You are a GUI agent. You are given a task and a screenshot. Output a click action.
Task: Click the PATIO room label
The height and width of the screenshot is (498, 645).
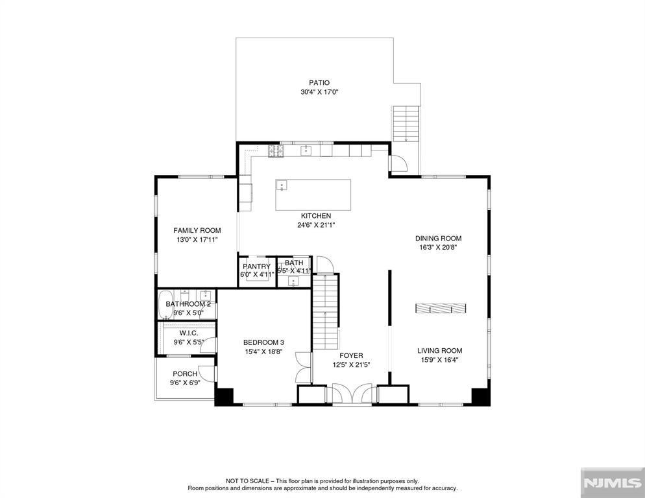pyautogui.click(x=319, y=83)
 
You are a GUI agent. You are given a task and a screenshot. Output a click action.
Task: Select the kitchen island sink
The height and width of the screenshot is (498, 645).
pyautogui.click(x=282, y=185)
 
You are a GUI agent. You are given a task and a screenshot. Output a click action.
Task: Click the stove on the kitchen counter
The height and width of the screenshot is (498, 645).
pyautogui.click(x=276, y=151)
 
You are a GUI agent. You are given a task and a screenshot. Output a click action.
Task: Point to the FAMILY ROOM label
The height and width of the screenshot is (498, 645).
pyautogui.click(x=197, y=231)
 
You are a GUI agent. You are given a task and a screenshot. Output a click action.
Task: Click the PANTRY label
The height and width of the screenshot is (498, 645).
pyautogui.click(x=256, y=267)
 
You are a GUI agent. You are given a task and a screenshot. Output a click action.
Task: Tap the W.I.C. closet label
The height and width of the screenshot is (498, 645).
pyautogui.click(x=189, y=333)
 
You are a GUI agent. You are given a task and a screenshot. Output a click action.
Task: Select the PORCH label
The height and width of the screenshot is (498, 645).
pyautogui.click(x=185, y=373)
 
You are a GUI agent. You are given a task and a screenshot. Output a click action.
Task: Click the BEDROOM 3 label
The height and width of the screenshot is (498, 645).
pyautogui.click(x=263, y=342)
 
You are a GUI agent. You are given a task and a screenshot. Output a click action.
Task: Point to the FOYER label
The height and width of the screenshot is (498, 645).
pyautogui.click(x=351, y=355)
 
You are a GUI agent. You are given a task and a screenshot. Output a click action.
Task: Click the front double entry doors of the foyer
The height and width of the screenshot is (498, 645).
pyautogui.click(x=352, y=394)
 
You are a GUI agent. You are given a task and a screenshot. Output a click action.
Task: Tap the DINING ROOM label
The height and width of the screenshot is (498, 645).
pyautogui.click(x=438, y=238)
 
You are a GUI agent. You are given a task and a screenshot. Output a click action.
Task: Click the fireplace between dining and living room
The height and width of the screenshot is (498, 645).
pyautogui.click(x=441, y=309)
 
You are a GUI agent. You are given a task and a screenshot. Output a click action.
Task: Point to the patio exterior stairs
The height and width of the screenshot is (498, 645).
pyautogui.click(x=406, y=124)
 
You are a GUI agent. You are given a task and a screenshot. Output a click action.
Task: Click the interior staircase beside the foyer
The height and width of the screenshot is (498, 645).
pyautogui.click(x=325, y=311)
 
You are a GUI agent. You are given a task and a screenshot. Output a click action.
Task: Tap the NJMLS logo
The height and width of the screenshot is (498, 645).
pyautogui.click(x=613, y=483)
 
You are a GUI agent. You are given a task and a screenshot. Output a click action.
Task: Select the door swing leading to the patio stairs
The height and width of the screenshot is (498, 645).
pyautogui.click(x=398, y=163)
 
